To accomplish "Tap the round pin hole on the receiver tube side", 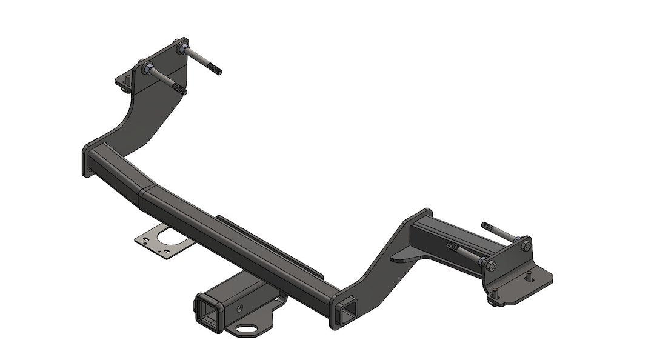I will tap(241, 309).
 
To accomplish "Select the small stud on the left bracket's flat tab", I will tap(123, 89).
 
